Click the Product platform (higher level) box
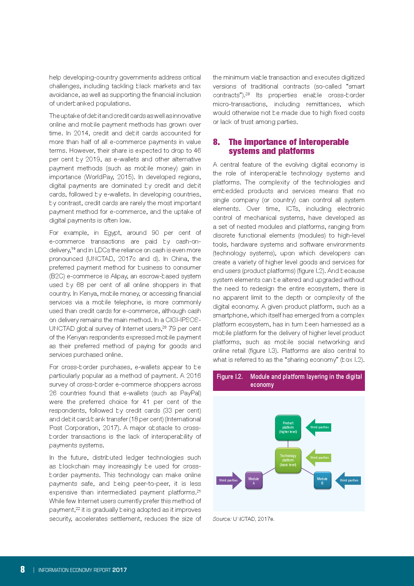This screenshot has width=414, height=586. pos(288,427)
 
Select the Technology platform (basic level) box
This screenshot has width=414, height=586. pos(288,460)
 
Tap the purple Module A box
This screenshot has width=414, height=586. pos(254,480)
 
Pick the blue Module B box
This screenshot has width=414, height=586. pos(322,480)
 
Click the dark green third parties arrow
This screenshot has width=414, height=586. pos(319,427)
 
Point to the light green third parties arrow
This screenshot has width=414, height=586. pos(319,458)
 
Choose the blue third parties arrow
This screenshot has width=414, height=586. pos(348,480)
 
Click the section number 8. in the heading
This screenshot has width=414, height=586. pos(216,142)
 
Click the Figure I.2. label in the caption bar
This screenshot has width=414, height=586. pos(230,377)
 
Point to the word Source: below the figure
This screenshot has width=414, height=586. pos(222,519)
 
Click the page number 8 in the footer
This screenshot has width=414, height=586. pos(23,569)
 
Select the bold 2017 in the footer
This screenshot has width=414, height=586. pos(120,570)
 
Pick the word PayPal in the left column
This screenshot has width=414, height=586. pos(190,393)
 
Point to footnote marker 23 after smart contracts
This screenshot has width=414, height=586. pos(248,94)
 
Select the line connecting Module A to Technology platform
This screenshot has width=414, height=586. pos(269,471)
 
